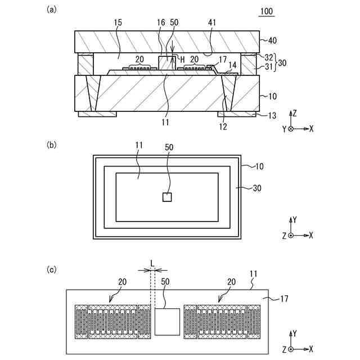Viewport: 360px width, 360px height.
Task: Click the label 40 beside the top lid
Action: (272, 40)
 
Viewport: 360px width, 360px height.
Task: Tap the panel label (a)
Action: (52, 9)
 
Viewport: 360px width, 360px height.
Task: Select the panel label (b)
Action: (52, 145)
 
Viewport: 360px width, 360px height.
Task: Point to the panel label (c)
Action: (52, 269)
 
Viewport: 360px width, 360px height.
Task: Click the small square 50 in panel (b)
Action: (166, 197)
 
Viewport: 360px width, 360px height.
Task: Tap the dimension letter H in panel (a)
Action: (182, 60)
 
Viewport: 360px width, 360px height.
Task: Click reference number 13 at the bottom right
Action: (272, 116)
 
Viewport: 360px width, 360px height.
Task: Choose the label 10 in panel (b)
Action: (251, 168)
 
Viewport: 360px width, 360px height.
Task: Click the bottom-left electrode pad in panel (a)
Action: (97, 114)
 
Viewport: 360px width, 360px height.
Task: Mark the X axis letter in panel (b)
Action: (311, 235)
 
